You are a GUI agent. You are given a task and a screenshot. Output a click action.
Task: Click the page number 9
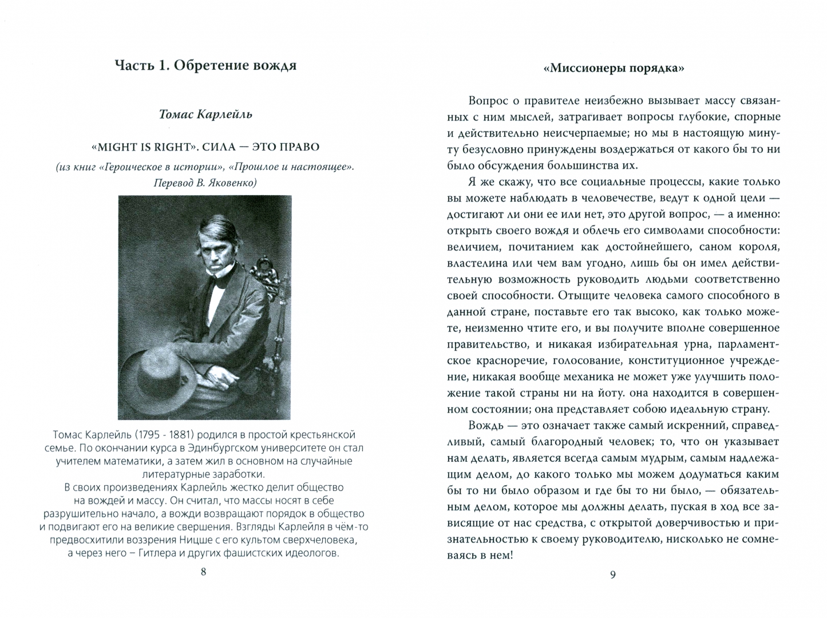(x=612, y=575)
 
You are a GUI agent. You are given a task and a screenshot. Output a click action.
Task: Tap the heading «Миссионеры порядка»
(x=614, y=68)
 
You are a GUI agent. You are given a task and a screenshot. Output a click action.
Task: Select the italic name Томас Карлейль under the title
(x=205, y=114)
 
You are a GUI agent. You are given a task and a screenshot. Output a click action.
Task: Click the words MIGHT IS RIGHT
(x=141, y=147)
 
